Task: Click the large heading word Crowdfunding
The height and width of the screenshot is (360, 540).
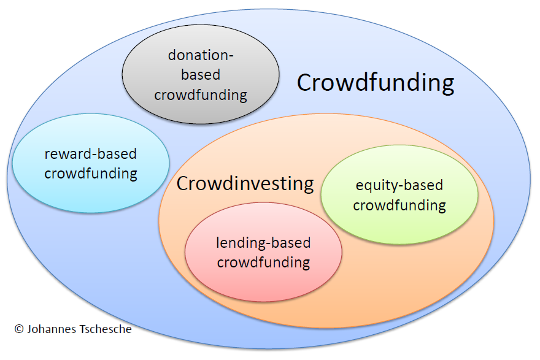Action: tap(376, 83)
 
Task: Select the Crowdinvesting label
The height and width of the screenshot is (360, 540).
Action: tap(245, 184)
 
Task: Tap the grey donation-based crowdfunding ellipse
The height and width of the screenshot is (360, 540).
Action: tap(201, 74)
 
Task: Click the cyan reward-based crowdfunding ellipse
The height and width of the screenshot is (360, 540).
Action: tap(91, 163)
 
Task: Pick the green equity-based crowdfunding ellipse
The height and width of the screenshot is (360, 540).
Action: tap(399, 195)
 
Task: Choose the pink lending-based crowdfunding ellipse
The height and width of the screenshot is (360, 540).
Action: tap(263, 252)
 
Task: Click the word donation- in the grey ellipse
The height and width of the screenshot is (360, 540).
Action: tap(201, 55)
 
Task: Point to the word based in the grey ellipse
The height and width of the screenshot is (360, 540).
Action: tap(201, 75)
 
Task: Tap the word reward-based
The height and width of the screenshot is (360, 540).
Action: tap(91, 154)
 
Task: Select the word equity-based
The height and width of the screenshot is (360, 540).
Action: tap(399, 186)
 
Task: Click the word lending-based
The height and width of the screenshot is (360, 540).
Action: tap(263, 243)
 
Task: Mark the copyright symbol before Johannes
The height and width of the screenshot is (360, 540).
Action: tap(19, 329)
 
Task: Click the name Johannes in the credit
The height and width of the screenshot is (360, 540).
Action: tap(52, 329)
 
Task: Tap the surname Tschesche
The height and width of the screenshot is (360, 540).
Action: tap(105, 329)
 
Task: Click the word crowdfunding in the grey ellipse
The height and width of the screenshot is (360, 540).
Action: tap(201, 95)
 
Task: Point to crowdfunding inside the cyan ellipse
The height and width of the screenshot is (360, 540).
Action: tap(91, 174)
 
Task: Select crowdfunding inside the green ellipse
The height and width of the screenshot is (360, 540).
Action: tap(399, 205)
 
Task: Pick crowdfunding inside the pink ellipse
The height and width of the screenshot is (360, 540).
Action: tap(263, 262)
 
